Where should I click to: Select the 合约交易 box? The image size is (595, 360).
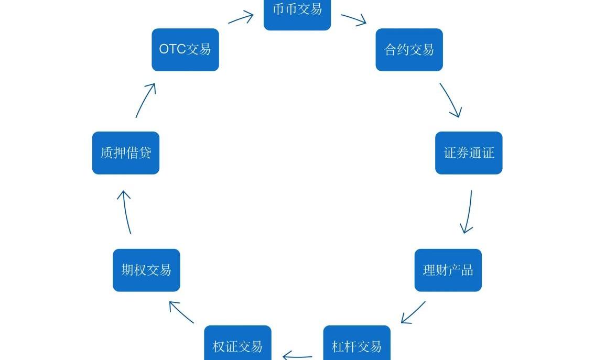(x=409, y=50)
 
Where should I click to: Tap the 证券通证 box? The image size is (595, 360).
(x=469, y=153)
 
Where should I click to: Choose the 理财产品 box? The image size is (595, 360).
(x=448, y=270)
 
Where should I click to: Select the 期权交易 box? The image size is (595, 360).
(x=146, y=270)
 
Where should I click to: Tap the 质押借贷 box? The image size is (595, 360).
(x=126, y=153)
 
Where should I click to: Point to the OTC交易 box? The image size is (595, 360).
(x=185, y=50)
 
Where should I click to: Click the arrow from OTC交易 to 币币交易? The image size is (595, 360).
(x=241, y=18)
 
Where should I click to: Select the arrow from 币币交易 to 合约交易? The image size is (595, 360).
(x=353, y=19)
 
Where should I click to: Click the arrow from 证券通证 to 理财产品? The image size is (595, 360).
(x=468, y=212)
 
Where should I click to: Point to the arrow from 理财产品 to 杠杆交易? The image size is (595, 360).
(x=413, y=312)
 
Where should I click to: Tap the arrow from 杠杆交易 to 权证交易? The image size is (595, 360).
(x=297, y=357)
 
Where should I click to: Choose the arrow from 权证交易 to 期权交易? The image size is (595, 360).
(x=181, y=312)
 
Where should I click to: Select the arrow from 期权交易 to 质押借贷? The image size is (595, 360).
(x=126, y=212)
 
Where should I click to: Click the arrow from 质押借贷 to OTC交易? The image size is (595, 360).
(x=146, y=100)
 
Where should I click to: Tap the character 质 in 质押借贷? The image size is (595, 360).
(x=107, y=153)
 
